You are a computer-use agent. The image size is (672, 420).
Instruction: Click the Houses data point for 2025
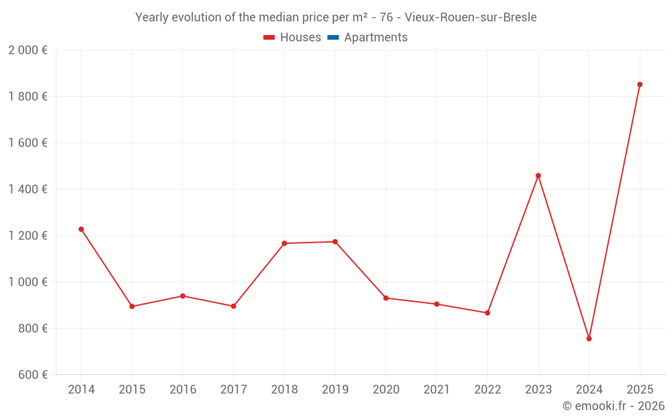click(640, 85)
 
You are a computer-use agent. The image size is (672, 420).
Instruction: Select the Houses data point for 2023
click(538, 175)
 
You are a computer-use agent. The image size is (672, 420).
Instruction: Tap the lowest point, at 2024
click(589, 339)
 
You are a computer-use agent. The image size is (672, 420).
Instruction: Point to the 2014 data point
click(81, 229)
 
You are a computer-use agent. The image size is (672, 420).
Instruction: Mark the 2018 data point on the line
click(284, 243)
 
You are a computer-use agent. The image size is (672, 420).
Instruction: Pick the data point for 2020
click(386, 298)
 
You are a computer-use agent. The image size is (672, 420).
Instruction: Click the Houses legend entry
click(300, 38)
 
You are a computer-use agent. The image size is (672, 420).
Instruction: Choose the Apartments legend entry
click(376, 38)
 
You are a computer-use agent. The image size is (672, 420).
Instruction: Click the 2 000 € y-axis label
click(28, 50)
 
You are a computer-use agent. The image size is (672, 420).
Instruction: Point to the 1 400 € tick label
click(28, 189)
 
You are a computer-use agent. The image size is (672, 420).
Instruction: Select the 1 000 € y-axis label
click(28, 282)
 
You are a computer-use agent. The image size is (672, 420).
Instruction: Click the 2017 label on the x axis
click(233, 390)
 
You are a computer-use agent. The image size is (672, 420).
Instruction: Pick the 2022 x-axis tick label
click(487, 390)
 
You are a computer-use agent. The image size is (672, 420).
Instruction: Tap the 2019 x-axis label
click(335, 390)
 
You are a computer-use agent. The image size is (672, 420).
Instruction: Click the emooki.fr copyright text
click(613, 406)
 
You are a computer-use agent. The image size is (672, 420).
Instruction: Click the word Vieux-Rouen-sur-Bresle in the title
click(470, 17)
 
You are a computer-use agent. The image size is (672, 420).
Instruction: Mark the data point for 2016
click(183, 296)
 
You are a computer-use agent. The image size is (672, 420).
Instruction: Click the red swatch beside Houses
click(269, 38)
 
